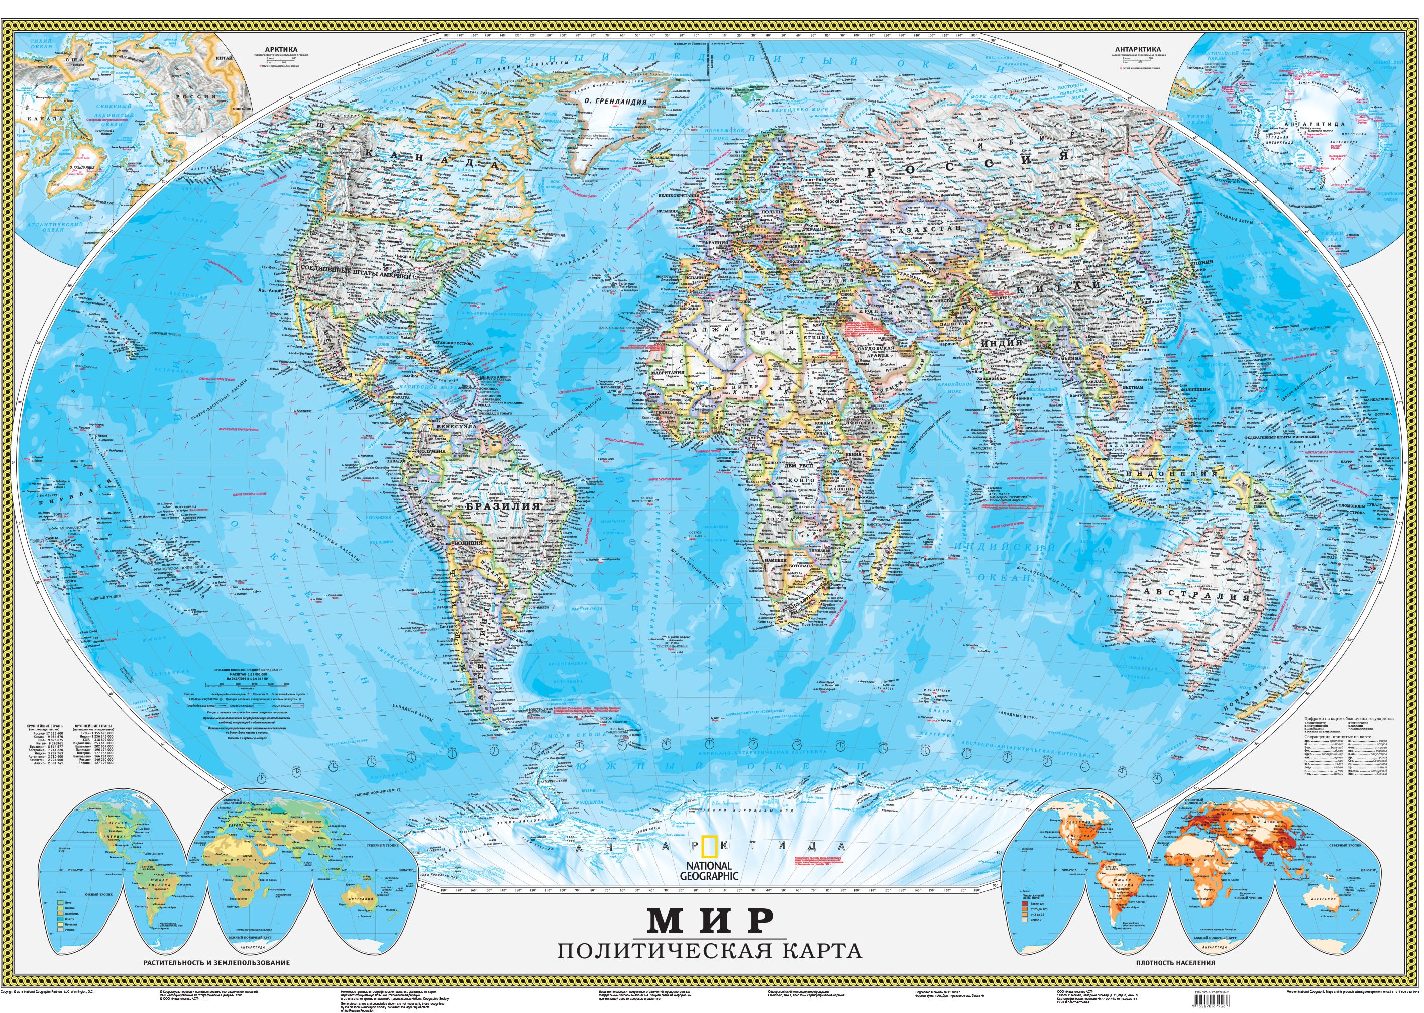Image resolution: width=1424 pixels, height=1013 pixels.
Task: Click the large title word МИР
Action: [x=710, y=918]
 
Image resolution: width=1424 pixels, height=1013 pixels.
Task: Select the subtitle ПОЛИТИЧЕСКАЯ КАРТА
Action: [x=710, y=951]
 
